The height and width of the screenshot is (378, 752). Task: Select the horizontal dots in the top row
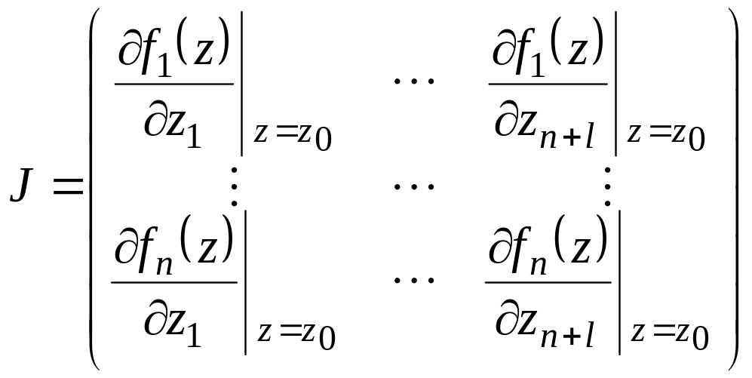(414, 78)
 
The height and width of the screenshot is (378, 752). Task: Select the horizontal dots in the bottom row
(414, 280)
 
